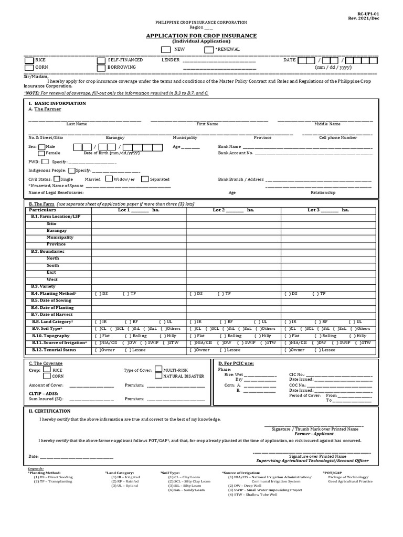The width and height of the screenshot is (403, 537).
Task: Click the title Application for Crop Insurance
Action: [x=201, y=36]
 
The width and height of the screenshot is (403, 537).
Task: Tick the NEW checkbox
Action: [x=166, y=49]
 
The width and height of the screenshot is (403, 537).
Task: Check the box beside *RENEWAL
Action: [x=209, y=49]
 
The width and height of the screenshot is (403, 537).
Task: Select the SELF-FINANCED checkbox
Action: [x=101, y=60]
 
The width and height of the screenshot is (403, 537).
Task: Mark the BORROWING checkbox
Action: [x=101, y=68]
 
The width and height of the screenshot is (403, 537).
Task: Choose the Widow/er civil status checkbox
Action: [x=108, y=179]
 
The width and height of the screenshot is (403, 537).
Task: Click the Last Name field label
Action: [x=77, y=124]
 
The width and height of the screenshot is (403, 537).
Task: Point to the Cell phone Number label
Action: [x=338, y=137]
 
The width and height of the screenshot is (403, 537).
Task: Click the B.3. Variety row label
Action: [x=43, y=286]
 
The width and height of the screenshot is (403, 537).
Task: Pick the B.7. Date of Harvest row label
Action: [x=52, y=315]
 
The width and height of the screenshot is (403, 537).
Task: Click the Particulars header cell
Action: [x=43, y=210]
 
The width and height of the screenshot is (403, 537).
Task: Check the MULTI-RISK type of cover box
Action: [x=158, y=369]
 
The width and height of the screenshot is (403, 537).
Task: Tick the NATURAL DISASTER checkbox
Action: [x=158, y=376]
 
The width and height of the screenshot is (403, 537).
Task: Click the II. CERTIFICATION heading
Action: [x=49, y=411]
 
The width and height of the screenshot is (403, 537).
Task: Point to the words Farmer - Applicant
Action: [x=313, y=434]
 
